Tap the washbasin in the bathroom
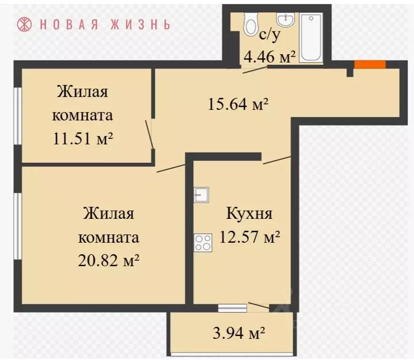point(285,20)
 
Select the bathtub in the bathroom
point(311,38)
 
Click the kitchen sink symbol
point(201,194)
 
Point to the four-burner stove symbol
point(203,242)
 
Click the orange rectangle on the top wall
point(369,65)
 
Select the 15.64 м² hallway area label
point(238,104)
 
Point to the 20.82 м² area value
point(109,260)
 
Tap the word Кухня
point(249,214)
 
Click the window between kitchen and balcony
point(233,308)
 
